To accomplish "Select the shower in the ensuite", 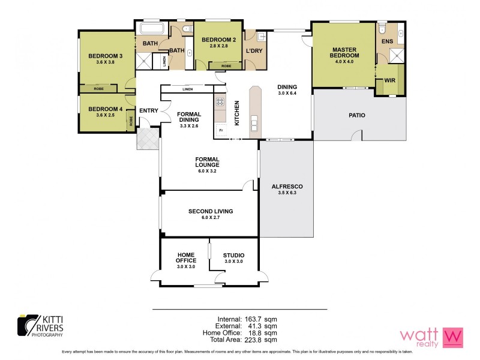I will click(396, 56).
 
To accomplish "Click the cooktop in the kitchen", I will click(220, 102).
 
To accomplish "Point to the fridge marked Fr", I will click(221, 130).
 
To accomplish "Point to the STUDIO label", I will click(233, 256).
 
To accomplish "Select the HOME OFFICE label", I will click(186, 258).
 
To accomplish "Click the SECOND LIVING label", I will click(210, 211).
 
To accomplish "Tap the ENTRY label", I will click(148, 110).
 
